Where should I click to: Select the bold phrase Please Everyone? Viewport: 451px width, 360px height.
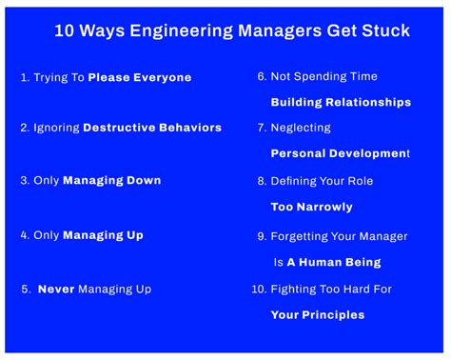tap(140, 78)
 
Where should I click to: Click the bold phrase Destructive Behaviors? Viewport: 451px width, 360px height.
tap(152, 128)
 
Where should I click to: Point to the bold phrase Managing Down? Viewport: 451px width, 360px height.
tap(112, 180)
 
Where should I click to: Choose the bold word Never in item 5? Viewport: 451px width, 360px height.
tap(56, 289)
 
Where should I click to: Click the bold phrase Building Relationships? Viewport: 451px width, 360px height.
tap(341, 102)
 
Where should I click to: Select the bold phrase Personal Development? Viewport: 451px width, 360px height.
tap(339, 153)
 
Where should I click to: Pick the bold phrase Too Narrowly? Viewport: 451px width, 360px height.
tap(312, 207)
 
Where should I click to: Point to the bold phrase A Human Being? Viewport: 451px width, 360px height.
tap(334, 262)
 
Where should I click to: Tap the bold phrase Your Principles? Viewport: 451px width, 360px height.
tap(317, 315)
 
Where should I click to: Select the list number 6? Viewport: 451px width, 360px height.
tap(261, 77)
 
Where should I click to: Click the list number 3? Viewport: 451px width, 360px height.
tap(24, 180)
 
